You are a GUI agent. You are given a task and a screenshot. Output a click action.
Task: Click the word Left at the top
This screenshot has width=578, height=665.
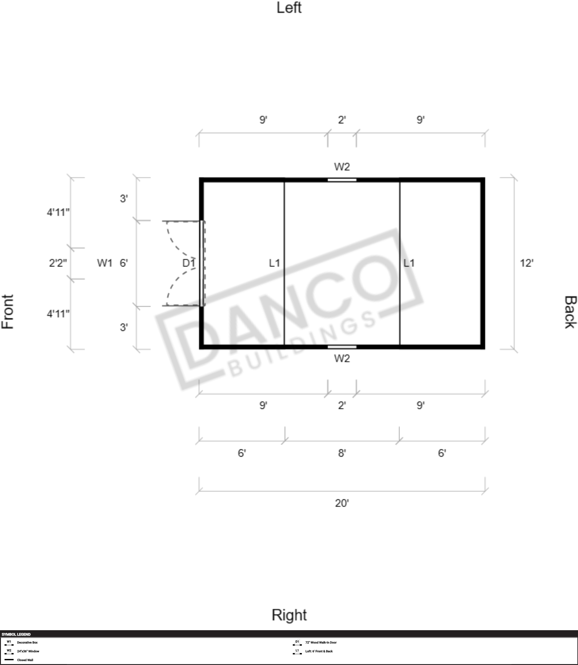pyautogui.click(x=289, y=8)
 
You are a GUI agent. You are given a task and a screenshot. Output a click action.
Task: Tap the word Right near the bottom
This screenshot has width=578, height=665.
pyautogui.click(x=289, y=615)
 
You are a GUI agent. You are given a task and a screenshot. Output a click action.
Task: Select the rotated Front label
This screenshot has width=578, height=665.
pyautogui.click(x=8, y=311)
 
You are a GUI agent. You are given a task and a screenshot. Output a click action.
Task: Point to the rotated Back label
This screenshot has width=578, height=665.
pyautogui.click(x=570, y=312)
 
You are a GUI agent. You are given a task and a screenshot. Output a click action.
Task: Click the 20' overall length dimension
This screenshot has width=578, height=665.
pyautogui.click(x=342, y=503)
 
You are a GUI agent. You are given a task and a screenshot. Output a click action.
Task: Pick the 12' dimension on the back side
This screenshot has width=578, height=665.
pyautogui.click(x=526, y=263)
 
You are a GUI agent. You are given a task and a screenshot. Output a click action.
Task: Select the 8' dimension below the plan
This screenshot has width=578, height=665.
pyautogui.click(x=342, y=453)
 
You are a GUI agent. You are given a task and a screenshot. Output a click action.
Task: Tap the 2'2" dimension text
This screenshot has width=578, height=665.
pyautogui.click(x=58, y=263)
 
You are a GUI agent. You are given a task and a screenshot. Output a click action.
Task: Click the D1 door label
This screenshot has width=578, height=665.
pyautogui.click(x=189, y=263)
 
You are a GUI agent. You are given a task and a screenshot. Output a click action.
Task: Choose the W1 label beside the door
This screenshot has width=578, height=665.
pyautogui.click(x=105, y=263)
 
